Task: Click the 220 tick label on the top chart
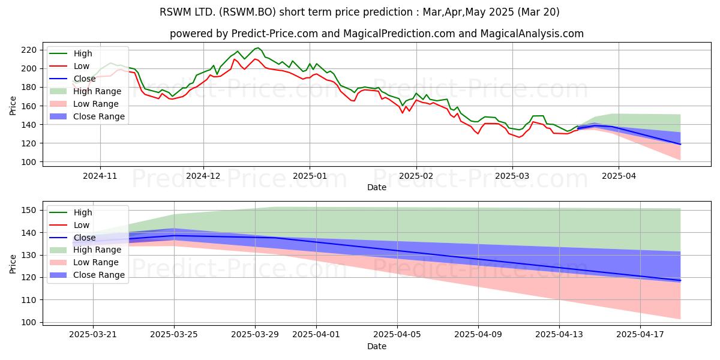tap(29, 50)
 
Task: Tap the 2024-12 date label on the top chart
tap(203, 176)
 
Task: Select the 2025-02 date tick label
tap(416, 176)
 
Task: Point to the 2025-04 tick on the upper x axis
tap(619, 176)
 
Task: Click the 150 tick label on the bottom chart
tap(29, 210)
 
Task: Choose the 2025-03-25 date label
tap(174, 335)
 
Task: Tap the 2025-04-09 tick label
tap(478, 335)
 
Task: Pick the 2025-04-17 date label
tap(640, 335)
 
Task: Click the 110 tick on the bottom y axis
tap(29, 300)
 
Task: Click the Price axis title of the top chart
tap(13, 106)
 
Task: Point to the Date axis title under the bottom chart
tap(377, 346)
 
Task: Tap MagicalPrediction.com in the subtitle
tap(399, 34)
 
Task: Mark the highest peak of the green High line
tap(258, 48)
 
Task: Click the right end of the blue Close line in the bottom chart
tap(680, 281)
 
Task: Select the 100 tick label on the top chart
tap(29, 162)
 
